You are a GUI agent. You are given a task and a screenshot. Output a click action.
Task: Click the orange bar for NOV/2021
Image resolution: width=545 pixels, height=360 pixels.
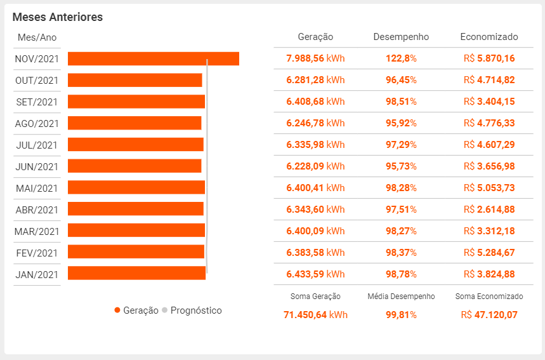[153, 58]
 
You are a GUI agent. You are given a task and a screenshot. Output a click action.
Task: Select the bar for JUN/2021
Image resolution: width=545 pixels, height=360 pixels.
[134, 166]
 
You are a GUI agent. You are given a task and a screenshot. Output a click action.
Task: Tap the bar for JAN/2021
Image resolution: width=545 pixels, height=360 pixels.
[136, 273]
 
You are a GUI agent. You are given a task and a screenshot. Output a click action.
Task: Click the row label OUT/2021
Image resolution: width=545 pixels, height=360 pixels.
[36, 81]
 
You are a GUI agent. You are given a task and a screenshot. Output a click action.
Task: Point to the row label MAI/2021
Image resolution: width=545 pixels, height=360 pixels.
[36, 188]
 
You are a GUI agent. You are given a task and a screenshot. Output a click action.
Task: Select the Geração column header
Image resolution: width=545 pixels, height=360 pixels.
[315, 37]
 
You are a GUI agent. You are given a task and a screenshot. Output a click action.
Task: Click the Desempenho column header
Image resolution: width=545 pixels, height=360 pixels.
[401, 37]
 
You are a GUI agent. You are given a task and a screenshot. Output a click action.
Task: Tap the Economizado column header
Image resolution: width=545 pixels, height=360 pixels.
[489, 37]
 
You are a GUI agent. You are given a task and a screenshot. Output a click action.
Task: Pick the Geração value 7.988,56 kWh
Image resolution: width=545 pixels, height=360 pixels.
[315, 58]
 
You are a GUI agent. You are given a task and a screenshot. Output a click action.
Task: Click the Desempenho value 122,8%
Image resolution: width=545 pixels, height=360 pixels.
[401, 58]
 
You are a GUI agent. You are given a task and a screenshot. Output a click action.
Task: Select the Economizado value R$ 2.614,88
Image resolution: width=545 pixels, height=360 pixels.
[489, 210]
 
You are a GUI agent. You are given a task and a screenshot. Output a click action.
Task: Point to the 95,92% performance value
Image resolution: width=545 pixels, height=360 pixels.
[401, 123]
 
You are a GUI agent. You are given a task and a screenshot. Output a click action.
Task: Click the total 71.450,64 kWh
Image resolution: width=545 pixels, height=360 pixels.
[315, 314]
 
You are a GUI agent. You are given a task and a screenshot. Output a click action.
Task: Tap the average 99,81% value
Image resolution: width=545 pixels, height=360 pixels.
[401, 314]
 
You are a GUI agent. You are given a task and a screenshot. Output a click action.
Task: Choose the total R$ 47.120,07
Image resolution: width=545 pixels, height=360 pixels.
[489, 314]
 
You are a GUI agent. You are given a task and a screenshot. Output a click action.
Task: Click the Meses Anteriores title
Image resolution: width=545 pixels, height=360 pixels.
[58, 17]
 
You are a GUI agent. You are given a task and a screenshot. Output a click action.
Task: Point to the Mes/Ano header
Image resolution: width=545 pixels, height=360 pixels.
[37, 37]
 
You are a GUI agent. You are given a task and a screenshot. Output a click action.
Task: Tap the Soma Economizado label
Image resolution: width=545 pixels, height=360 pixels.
[489, 297]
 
